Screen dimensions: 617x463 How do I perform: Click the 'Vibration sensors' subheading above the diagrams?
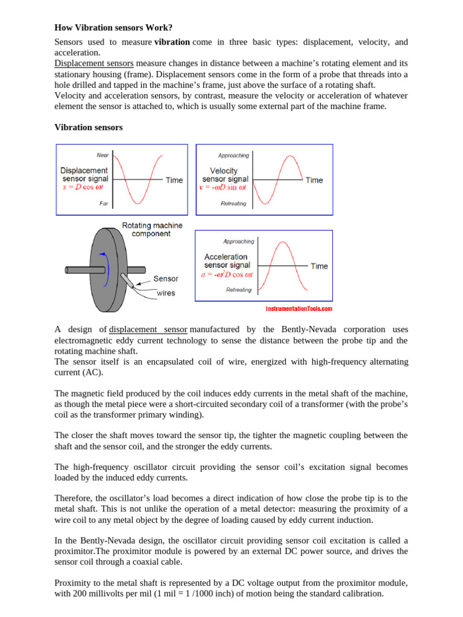coord(89,127)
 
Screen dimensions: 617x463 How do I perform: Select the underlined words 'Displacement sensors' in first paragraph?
coord(94,63)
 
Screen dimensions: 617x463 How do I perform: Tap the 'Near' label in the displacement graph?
coord(102,155)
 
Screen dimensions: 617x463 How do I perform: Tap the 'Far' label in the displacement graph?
coord(104,204)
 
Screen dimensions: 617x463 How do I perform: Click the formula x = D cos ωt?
coord(83,187)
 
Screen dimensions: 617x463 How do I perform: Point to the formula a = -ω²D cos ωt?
coord(227,274)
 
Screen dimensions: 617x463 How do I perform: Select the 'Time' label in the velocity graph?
coord(314,180)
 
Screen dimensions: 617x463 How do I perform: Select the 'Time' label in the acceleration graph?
coord(319,266)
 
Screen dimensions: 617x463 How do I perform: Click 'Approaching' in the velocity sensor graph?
coord(233,155)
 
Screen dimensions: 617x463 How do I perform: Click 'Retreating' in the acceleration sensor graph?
coord(239,290)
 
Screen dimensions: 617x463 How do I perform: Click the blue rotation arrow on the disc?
coord(107,266)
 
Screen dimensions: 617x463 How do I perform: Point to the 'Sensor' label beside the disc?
coord(166,279)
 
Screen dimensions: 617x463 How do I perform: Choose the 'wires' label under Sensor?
coord(166,293)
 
